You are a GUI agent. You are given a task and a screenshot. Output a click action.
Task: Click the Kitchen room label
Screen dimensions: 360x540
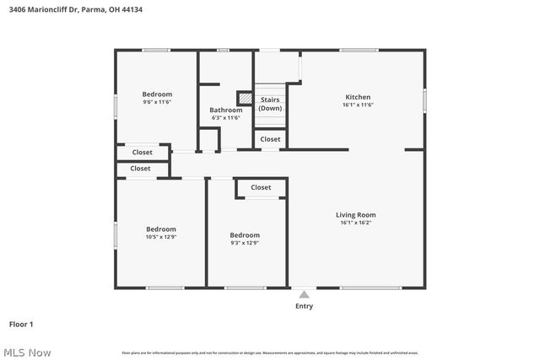pos(358,97)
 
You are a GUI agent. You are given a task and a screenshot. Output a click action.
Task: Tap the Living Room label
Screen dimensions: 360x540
pos(355,215)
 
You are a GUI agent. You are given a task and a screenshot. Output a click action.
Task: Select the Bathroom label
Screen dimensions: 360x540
pos(226,110)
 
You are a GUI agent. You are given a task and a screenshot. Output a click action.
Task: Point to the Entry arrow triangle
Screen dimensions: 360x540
pos(304,294)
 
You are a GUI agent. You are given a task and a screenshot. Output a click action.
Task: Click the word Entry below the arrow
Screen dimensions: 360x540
pos(304,306)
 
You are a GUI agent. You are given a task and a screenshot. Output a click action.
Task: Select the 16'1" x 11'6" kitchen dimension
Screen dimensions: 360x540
pos(358,105)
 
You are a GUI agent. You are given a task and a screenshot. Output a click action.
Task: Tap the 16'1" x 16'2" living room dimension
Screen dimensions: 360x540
pos(355,223)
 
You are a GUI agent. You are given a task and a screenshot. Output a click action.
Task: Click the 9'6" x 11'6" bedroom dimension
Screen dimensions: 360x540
pos(157,102)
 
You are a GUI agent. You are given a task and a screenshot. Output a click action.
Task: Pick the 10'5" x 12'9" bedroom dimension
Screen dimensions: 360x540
pos(161,237)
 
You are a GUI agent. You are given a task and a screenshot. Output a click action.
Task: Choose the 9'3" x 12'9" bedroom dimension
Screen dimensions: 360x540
pos(245,243)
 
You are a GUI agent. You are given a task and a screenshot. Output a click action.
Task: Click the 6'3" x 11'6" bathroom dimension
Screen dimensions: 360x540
pos(226,118)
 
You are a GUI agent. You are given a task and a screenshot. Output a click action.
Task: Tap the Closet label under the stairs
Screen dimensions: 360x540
pos(270,139)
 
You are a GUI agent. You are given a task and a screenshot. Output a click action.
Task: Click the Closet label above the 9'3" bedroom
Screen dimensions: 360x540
pos(261,187)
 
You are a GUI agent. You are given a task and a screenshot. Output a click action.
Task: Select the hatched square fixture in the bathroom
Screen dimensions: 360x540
pos(244,98)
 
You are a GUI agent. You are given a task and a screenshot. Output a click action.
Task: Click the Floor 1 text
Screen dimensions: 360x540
pos(21,324)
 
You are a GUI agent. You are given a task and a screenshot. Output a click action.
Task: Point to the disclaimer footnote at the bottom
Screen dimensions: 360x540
pos(270,352)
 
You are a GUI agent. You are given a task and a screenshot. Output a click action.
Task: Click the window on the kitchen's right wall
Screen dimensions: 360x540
pos(424,99)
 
